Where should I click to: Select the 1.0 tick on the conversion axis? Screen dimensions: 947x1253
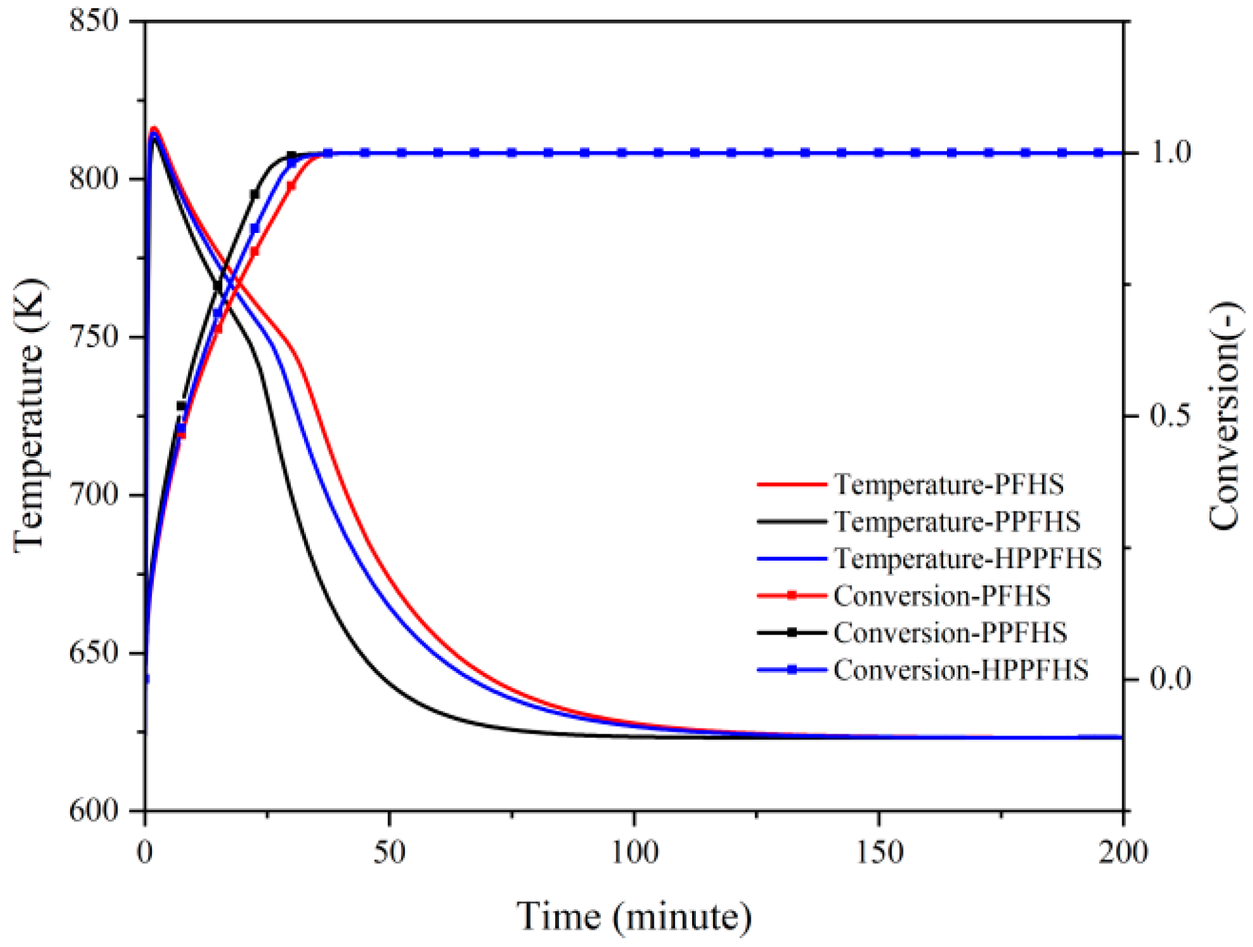[x=1170, y=153]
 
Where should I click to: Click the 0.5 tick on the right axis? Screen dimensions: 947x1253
[x=1170, y=416]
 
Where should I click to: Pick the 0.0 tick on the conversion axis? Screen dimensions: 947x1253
[x=1170, y=679]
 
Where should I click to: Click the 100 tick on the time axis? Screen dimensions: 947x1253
[x=635, y=852]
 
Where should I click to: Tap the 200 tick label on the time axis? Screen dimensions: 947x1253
[x=1123, y=852]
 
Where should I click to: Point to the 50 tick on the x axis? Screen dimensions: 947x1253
[x=390, y=852]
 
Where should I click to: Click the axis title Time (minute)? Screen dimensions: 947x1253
[x=634, y=916]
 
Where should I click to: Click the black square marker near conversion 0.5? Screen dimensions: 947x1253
[x=182, y=406]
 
